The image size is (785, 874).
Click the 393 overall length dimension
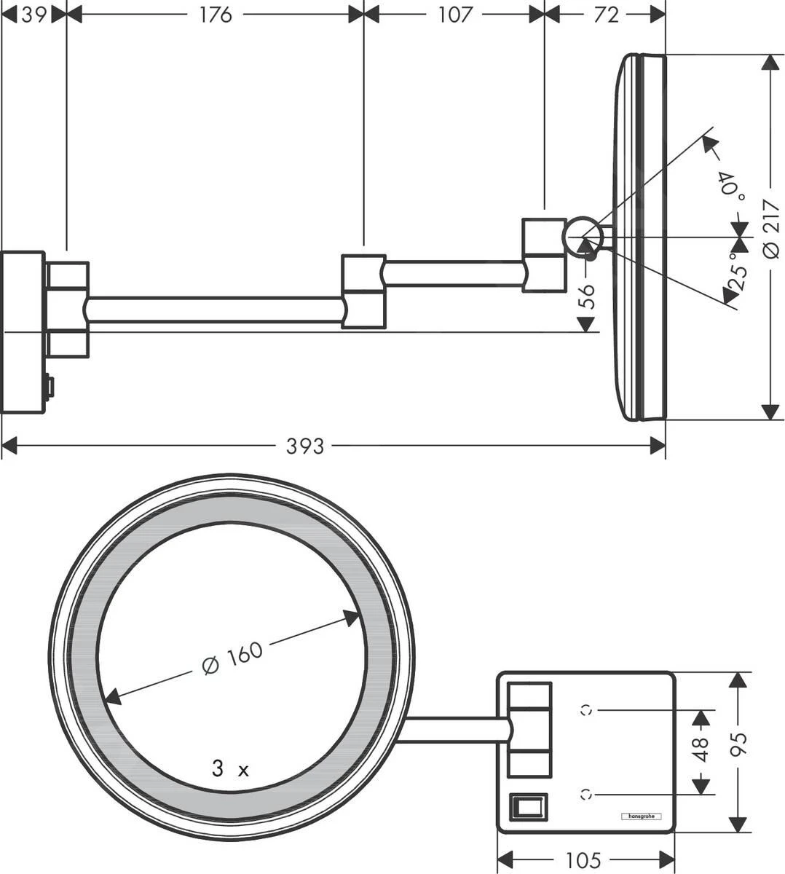coord(304,445)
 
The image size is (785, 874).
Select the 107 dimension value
coord(455,14)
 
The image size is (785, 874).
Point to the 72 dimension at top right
coord(605,14)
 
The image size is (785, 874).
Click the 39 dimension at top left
coord(34,14)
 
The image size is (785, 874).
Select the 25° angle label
coord(738,273)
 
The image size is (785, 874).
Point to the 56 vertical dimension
coord(587,297)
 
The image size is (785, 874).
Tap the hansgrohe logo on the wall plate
coord(641,816)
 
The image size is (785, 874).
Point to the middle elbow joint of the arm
coord(363,291)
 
